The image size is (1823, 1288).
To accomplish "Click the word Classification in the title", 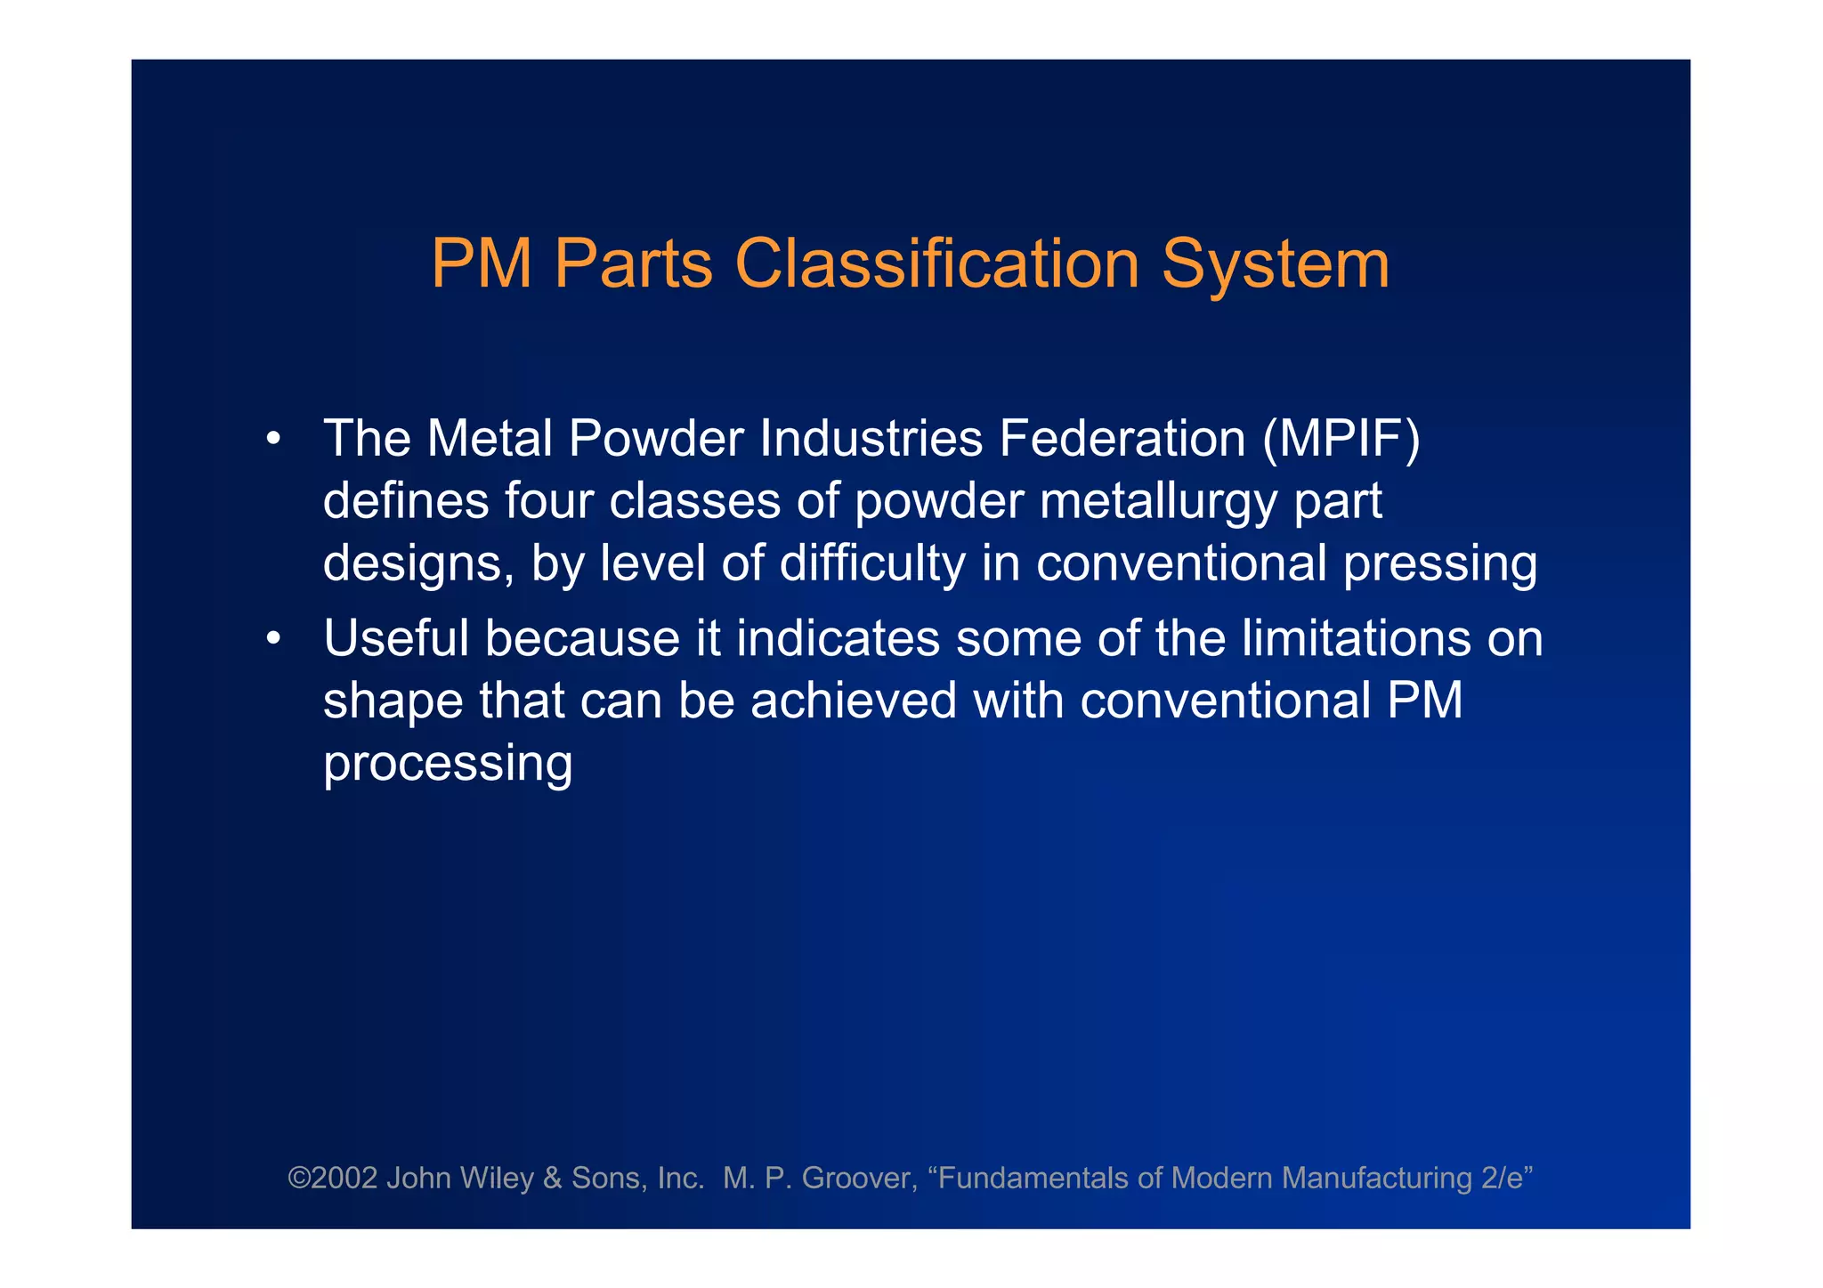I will point(936,264).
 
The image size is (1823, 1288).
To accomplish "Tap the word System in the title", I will point(1275,264).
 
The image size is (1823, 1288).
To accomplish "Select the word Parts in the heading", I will point(633,264).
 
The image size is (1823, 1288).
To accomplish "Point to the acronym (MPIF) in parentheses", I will point(1341,439).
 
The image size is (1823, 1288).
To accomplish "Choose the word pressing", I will point(1439,564).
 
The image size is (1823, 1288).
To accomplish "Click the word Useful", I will point(396,638).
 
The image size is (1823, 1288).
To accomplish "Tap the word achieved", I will point(854,701).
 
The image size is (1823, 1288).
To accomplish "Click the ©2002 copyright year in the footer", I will point(332,1179).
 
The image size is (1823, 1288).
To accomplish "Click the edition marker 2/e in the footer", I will point(1502,1179).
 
